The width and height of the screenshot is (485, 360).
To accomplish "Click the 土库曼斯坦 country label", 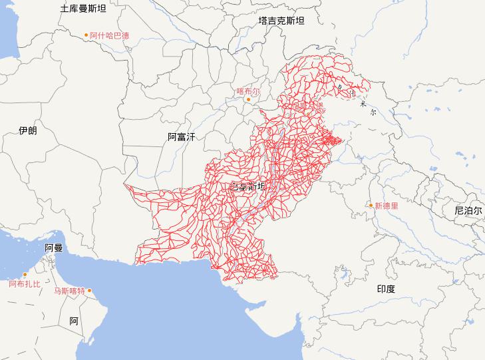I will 82,9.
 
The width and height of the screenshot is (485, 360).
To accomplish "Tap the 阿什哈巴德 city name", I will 109,35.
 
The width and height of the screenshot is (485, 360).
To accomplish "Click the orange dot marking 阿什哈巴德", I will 86,35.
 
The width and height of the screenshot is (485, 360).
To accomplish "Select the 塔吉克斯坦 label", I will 281,21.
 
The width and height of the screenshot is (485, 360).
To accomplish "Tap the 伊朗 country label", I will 28,130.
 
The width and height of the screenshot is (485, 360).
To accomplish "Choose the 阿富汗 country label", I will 182,137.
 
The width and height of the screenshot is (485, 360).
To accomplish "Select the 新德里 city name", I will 387,206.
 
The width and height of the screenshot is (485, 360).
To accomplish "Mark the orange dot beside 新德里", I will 371,206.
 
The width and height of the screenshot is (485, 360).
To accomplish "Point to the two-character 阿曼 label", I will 54,248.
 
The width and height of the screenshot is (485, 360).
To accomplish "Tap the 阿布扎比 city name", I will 25,284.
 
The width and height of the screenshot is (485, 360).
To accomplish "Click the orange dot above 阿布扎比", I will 25,275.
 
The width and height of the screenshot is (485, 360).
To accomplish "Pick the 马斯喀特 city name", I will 69,291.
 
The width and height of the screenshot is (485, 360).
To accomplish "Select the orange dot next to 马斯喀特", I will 90,290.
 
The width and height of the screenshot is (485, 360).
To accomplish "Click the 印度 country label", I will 386,289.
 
